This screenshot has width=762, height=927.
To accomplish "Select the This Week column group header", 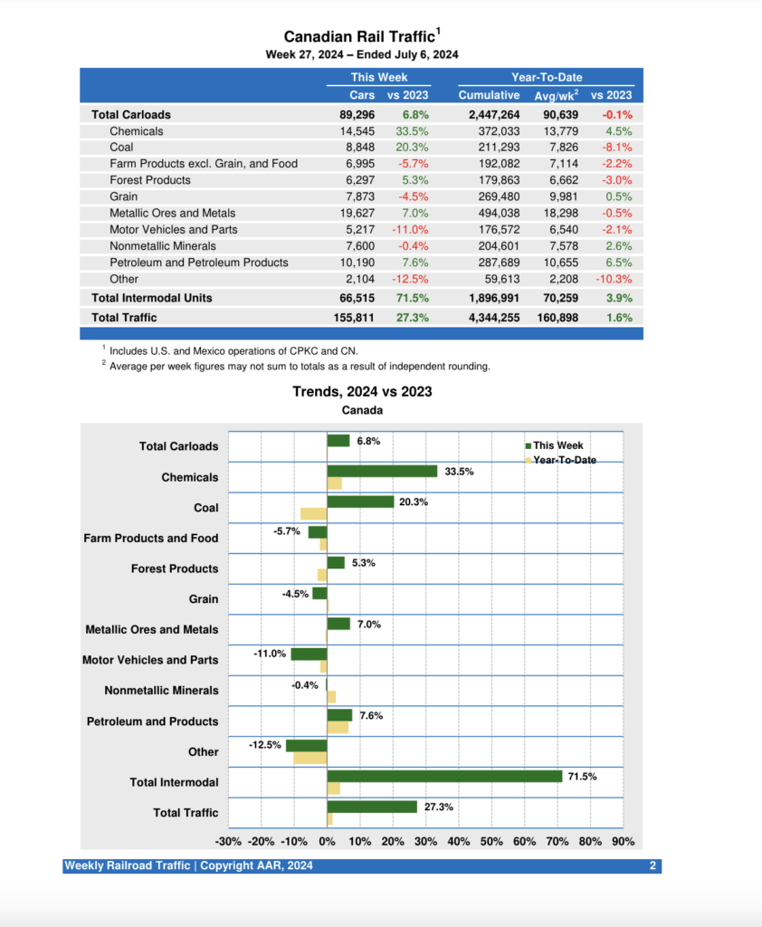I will (x=378, y=78).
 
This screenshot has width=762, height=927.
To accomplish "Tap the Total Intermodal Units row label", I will (x=152, y=298).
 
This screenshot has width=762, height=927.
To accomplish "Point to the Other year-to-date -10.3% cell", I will (x=612, y=279).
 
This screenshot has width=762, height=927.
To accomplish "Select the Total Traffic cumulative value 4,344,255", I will (x=489, y=317).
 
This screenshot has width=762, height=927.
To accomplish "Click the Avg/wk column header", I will (x=557, y=95).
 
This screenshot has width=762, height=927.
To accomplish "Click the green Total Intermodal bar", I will (x=444, y=776).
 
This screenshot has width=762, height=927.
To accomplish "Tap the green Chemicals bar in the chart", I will (x=382, y=471).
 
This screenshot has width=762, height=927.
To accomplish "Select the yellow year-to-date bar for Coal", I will (x=313, y=514).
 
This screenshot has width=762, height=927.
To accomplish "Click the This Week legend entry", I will (x=557, y=445).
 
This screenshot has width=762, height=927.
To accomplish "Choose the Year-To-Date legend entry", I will (x=564, y=461).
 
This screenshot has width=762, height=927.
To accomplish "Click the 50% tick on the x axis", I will (x=491, y=842).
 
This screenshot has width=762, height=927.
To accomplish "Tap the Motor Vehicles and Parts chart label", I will (x=150, y=660).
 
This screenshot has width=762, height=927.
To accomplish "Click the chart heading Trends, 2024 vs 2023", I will (x=362, y=392).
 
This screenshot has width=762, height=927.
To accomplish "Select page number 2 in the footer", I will (x=652, y=866).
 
